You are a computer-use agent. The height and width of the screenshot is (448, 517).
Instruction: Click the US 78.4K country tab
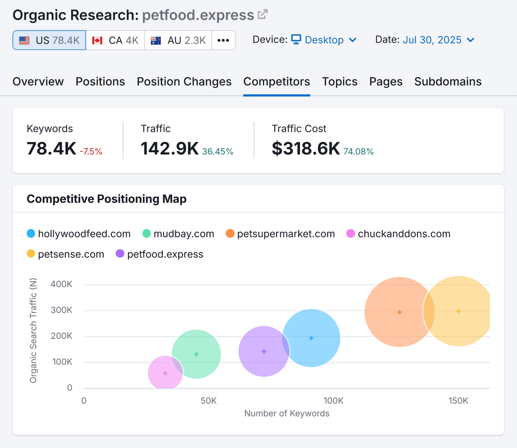pos(49,40)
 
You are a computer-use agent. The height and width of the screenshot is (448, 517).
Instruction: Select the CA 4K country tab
pos(115,40)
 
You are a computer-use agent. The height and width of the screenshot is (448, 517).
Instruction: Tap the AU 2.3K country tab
pos(178,40)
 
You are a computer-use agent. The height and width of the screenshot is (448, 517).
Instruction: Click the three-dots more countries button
pos(223,40)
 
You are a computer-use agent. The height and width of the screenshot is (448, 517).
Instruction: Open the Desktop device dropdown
pos(324,40)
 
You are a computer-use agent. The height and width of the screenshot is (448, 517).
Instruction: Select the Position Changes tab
pos(184,82)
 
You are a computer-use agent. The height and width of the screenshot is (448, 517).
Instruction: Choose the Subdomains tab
pos(448,82)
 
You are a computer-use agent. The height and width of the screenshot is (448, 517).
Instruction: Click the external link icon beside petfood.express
pos(262,15)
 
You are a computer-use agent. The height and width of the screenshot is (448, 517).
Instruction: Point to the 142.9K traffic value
pos(169,149)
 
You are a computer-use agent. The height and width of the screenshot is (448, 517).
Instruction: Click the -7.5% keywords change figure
pos(91,152)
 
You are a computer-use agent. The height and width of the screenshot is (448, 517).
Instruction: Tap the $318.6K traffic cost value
pos(306,149)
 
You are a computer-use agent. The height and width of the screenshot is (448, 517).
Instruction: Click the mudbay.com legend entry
pos(178,234)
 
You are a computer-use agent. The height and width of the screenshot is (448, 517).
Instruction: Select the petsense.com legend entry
pos(66,254)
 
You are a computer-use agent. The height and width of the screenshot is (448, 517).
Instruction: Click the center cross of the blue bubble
pos(311,338)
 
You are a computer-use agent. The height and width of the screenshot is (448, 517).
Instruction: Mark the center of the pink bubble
pos(165,373)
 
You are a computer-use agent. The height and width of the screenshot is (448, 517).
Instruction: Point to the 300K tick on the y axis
pos(61,310)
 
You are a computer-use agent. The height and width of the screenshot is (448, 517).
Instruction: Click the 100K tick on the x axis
pos(333,401)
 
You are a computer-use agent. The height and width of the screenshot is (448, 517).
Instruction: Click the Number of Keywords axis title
pos(287,413)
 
